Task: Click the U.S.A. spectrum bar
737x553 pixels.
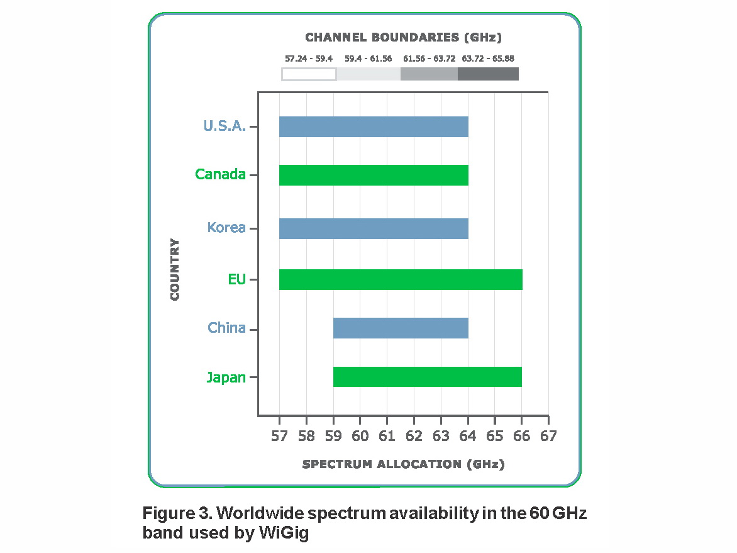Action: [x=374, y=126]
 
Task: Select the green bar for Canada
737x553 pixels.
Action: [x=374, y=175]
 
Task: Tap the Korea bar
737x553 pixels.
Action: [x=374, y=228]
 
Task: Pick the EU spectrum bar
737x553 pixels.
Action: [x=401, y=279]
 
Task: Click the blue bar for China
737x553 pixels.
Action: [x=401, y=328]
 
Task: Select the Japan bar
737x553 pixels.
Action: [x=428, y=377]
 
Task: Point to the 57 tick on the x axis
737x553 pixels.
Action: [x=279, y=435]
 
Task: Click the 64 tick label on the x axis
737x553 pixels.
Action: [x=468, y=435]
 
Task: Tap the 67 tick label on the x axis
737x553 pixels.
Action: [x=548, y=435]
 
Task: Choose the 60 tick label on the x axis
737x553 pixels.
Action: [x=360, y=435]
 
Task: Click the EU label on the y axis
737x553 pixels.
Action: [x=236, y=279]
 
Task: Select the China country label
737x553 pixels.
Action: [x=226, y=328]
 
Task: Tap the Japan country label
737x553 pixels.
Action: [x=226, y=377]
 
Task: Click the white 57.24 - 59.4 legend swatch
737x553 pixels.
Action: [x=309, y=74]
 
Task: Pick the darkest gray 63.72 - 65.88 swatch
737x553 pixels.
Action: [x=489, y=74]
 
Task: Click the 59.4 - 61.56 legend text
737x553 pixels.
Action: [x=368, y=59]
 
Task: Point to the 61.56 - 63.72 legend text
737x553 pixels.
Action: [x=429, y=59]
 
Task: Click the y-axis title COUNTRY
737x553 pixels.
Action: [x=175, y=269]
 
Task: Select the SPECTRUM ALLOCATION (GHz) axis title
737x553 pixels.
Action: [x=403, y=465]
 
